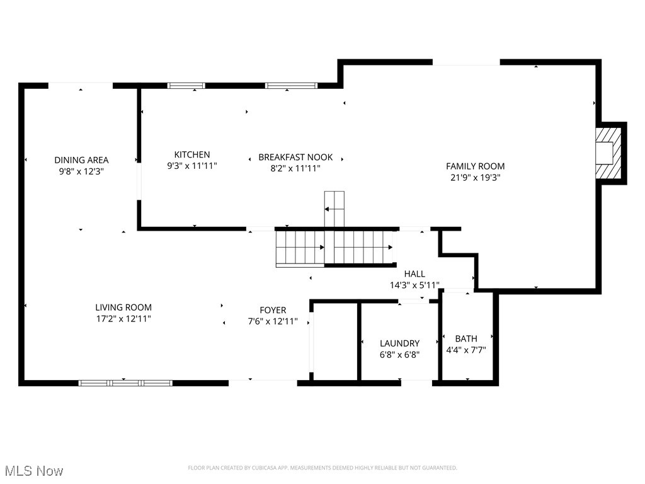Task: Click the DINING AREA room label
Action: pyautogui.click(x=81, y=160)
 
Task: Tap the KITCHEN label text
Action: pyautogui.click(x=192, y=154)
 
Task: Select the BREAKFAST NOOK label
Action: pyautogui.click(x=295, y=157)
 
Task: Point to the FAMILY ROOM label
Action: pyautogui.click(x=476, y=166)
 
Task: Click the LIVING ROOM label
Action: pyautogui.click(x=123, y=308)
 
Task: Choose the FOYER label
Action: pyautogui.click(x=273, y=310)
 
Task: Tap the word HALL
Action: pyautogui.click(x=414, y=274)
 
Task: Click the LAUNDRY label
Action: pyautogui.click(x=399, y=343)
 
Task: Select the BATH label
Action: pyautogui.click(x=466, y=338)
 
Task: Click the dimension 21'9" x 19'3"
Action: pyautogui.click(x=476, y=178)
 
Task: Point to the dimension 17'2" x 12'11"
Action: pyautogui.click(x=123, y=319)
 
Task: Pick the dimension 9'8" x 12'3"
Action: pyautogui.click(x=81, y=171)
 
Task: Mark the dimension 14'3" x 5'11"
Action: pyautogui.click(x=414, y=285)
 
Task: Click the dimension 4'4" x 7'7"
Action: pyautogui.click(x=466, y=350)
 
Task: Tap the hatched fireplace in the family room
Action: pyautogui.click(x=608, y=153)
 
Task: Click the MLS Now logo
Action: pyautogui.click(x=34, y=471)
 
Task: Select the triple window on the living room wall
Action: pyautogui.click(x=125, y=383)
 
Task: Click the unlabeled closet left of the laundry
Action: pyautogui.click(x=335, y=342)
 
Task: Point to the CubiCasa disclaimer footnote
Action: pyautogui.click(x=322, y=468)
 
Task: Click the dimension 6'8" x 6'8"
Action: pyautogui.click(x=399, y=354)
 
